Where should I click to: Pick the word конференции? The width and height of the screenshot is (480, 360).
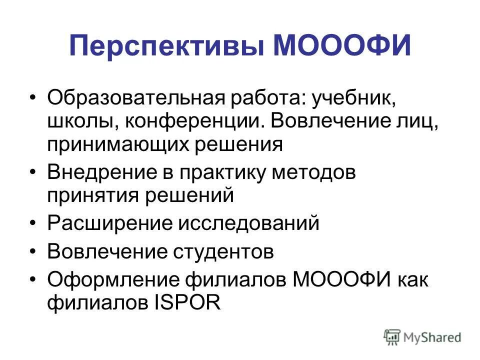coord(194,120)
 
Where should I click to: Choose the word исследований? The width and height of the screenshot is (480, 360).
coord(248,223)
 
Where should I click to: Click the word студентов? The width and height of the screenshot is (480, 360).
coord(224,251)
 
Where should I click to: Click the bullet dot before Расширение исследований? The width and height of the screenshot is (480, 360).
coord(33,223)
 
